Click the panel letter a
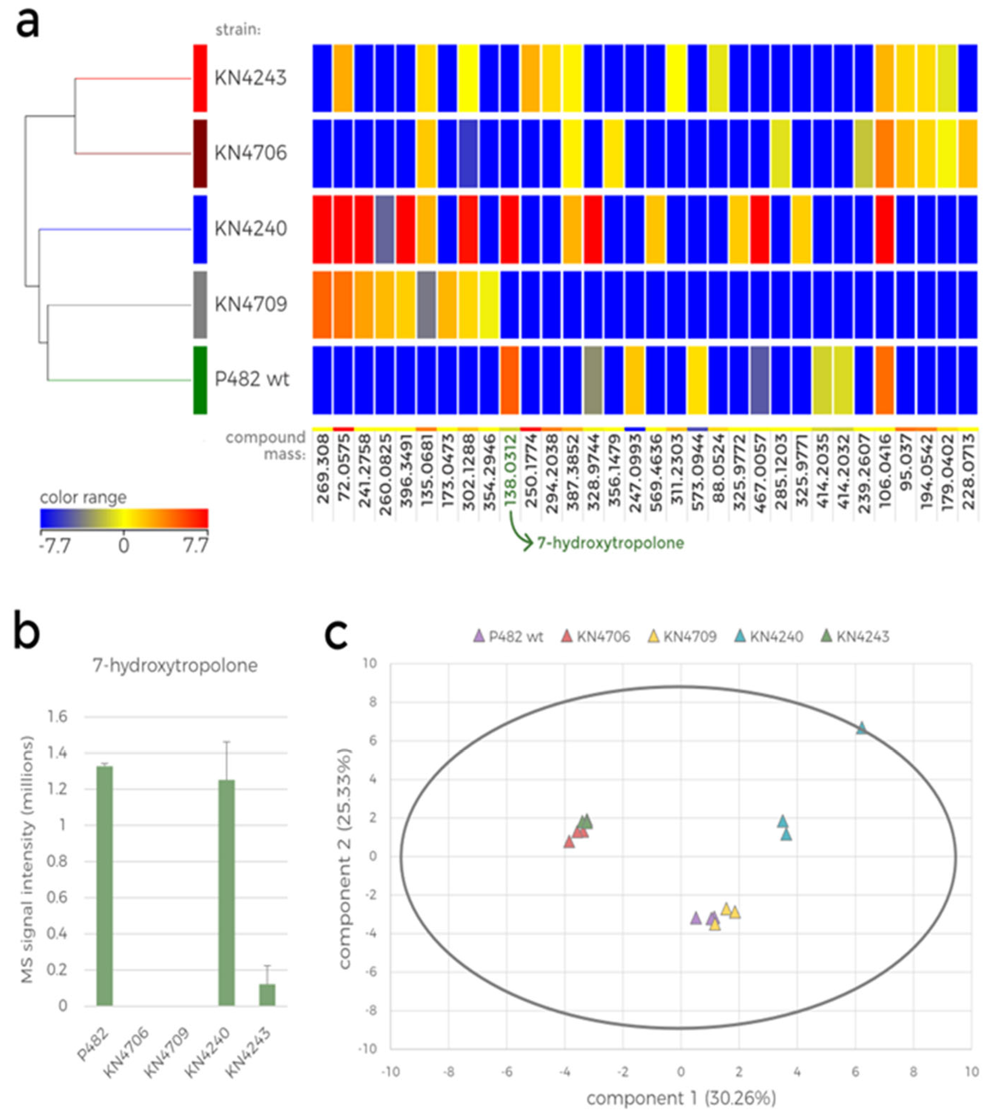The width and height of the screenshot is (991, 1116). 27,24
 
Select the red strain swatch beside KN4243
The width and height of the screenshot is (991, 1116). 200,78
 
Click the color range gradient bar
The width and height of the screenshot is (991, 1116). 124,518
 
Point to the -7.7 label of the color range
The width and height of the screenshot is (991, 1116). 54,545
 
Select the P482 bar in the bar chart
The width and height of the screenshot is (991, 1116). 104,886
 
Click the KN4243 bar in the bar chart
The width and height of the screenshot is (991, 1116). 267,994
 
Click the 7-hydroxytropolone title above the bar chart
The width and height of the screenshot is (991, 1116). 175,666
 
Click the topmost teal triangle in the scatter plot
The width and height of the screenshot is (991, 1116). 861,728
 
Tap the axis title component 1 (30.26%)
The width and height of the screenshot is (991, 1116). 681,1098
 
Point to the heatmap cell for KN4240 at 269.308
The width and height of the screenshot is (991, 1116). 322,229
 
